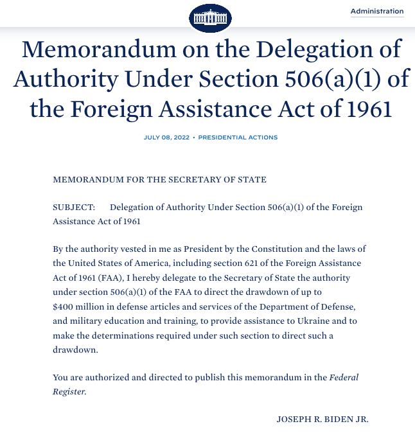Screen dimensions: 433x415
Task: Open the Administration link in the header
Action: pos(377,12)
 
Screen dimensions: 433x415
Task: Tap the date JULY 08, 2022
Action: pos(166,137)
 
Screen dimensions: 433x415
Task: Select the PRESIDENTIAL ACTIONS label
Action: pos(238,137)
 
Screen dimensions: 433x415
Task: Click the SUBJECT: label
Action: pos(74,208)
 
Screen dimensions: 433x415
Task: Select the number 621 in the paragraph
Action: pos(252,263)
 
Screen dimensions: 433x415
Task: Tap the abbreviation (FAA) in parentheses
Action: pos(111,278)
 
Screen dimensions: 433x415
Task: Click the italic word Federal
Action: pos(344,378)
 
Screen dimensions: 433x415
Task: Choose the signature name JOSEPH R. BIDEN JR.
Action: pos(322,420)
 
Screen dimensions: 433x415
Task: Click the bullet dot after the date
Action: pos(194,137)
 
